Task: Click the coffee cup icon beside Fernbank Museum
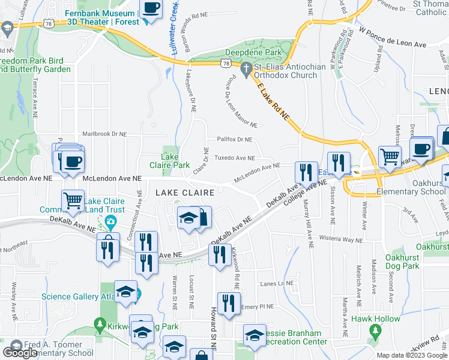151,9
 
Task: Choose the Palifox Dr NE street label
234,139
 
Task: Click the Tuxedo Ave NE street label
236,158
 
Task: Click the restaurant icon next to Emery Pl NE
228,304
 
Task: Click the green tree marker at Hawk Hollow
376,330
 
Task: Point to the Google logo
20,353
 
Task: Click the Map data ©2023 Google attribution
412,355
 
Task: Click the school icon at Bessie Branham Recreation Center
254,335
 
